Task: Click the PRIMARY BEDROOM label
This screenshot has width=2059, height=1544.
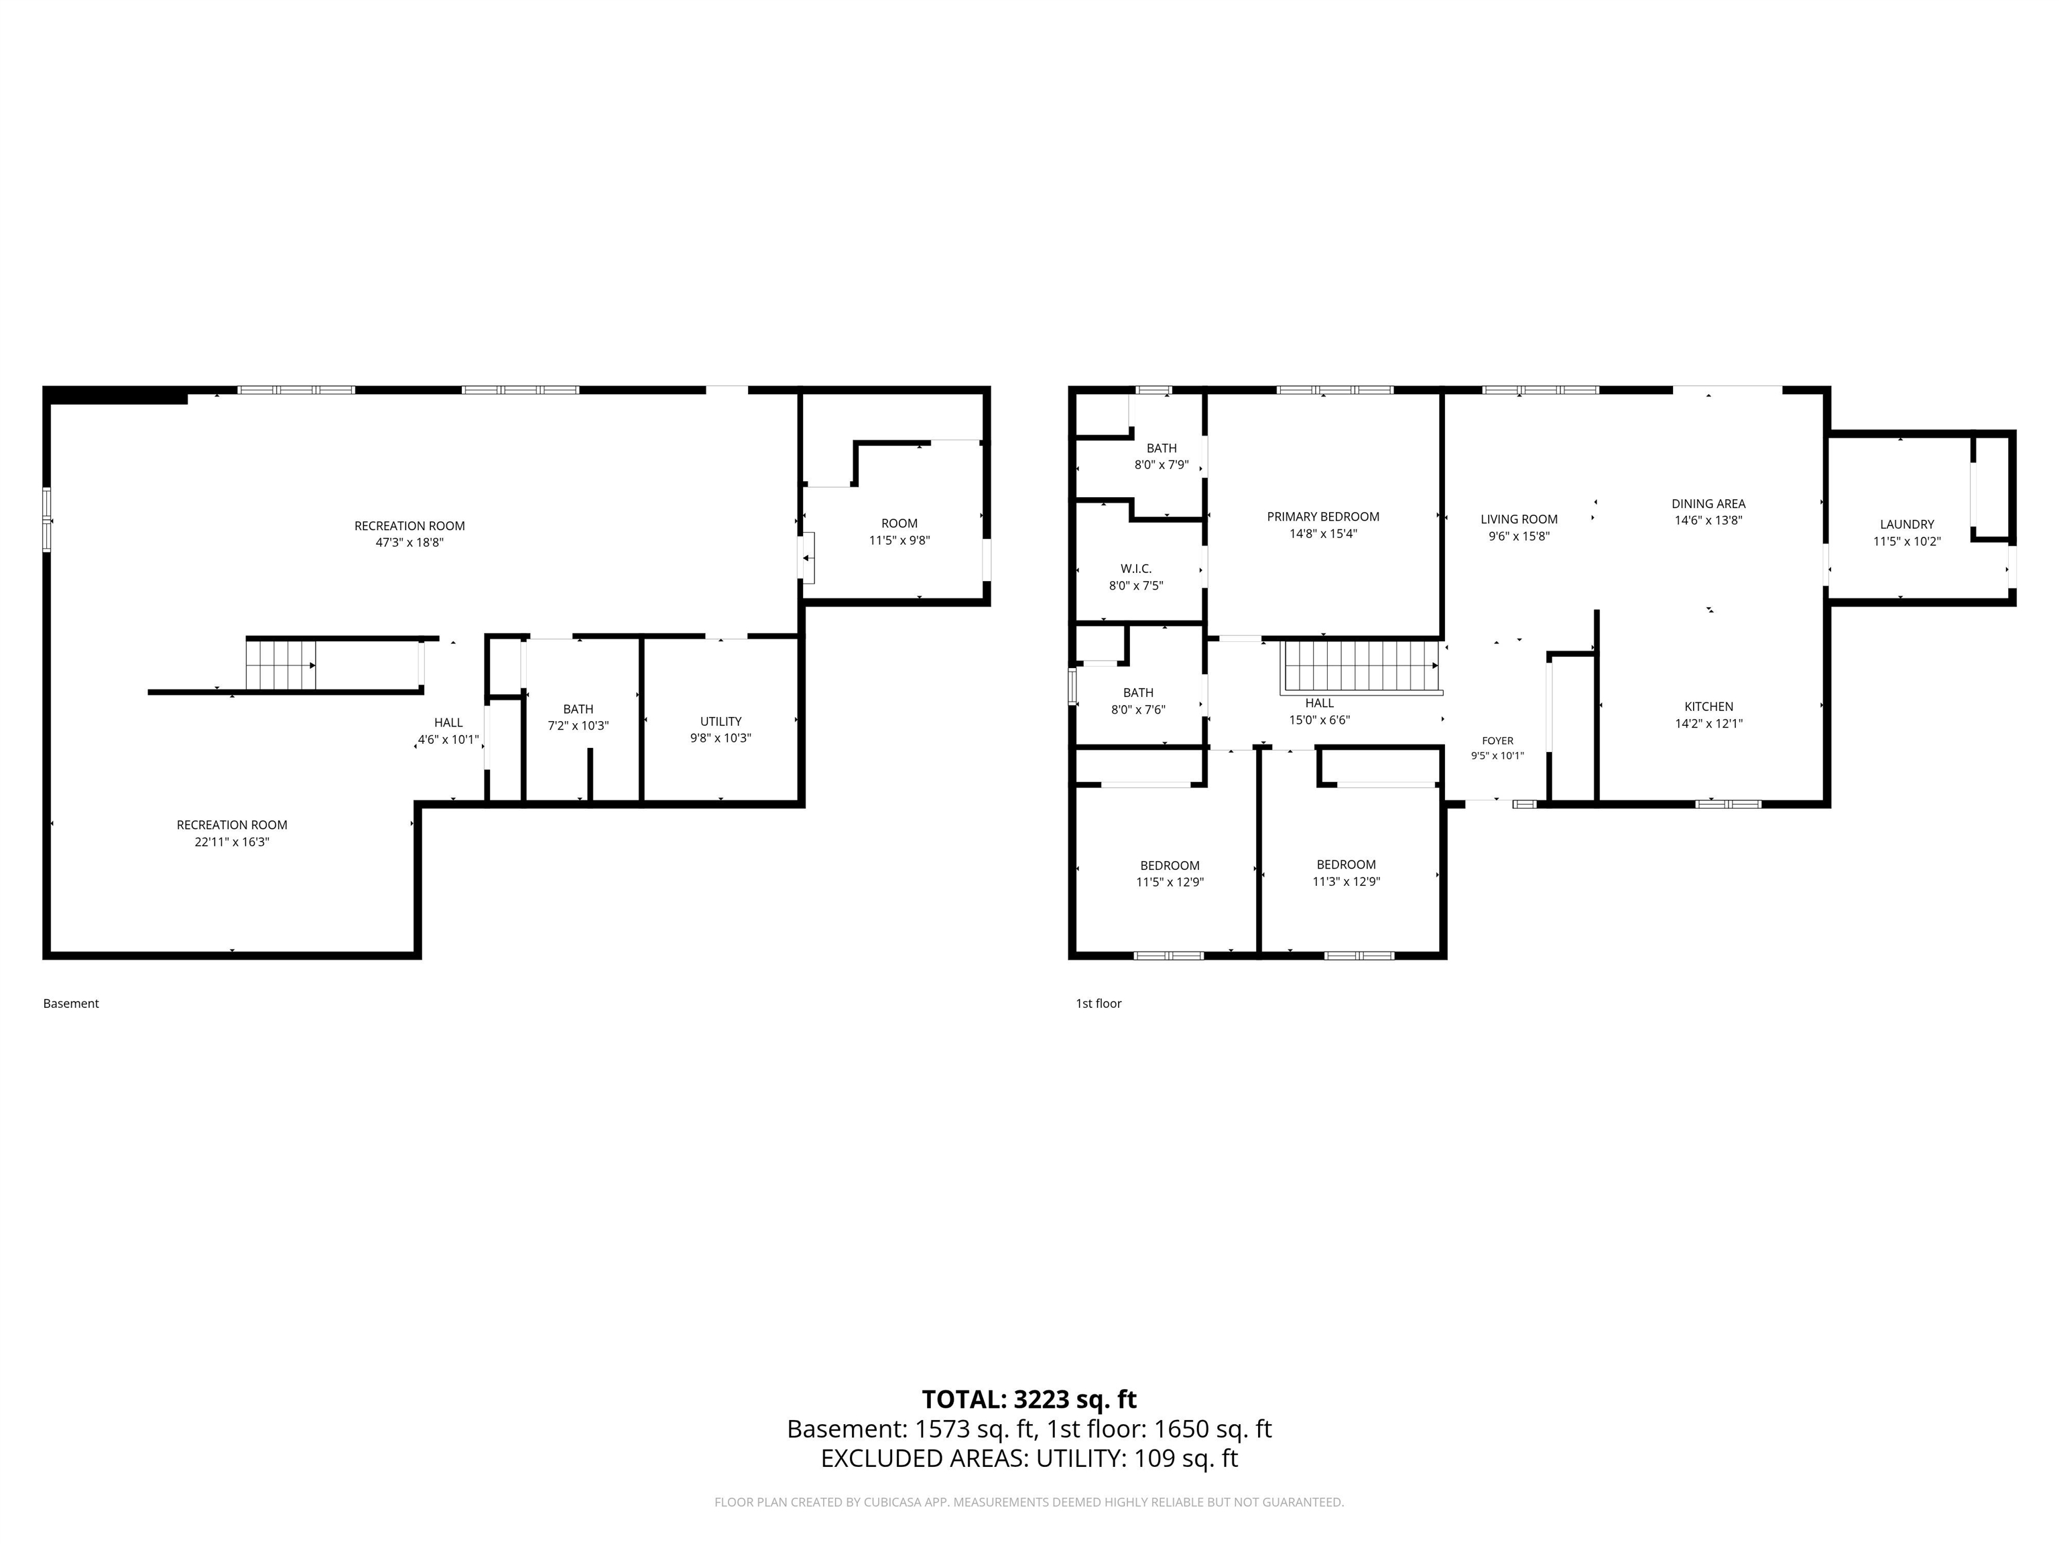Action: [1322, 517]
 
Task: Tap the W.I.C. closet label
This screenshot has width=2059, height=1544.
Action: [1135, 569]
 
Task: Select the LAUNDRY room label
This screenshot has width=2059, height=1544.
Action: [1906, 524]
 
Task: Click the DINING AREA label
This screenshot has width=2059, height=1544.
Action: [1708, 503]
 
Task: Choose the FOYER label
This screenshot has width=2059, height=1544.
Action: [1498, 741]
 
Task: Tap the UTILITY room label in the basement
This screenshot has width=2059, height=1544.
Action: [721, 721]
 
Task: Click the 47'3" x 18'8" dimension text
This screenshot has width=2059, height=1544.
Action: [410, 543]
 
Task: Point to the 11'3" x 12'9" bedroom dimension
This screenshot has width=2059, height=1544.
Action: [1346, 881]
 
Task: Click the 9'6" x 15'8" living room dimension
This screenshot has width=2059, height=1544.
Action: [1519, 536]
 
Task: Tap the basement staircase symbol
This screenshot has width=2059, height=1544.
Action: [281, 665]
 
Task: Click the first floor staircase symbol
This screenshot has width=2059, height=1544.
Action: [1362, 666]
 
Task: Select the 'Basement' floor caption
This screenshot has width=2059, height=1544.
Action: [71, 1003]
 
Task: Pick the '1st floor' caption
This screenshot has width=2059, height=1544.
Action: [1099, 1003]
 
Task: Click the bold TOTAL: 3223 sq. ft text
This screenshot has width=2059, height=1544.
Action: [1029, 1400]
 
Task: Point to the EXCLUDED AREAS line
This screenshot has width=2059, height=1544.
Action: [1029, 1458]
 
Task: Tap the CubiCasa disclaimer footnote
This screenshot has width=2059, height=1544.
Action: [1029, 1502]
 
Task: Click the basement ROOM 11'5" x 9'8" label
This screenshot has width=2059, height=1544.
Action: [899, 531]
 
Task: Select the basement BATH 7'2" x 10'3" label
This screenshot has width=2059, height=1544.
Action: [578, 716]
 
